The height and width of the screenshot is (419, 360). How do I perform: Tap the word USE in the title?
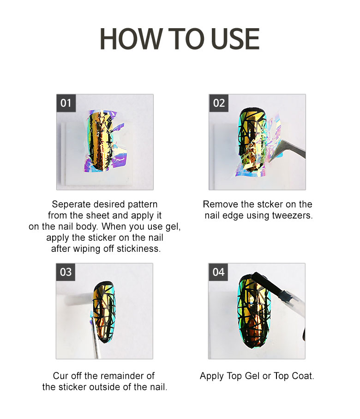pos(235,39)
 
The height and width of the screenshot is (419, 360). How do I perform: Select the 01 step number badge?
pos(66,103)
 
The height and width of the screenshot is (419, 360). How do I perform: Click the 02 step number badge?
pos(218,103)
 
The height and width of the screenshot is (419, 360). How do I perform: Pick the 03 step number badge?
pos(66,272)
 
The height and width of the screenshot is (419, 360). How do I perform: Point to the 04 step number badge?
pos(218,272)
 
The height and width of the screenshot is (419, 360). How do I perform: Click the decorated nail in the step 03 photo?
pos(104,312)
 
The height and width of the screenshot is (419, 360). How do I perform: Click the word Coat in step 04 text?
pos(303,376)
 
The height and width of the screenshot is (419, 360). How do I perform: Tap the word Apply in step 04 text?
pos(212,376)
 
